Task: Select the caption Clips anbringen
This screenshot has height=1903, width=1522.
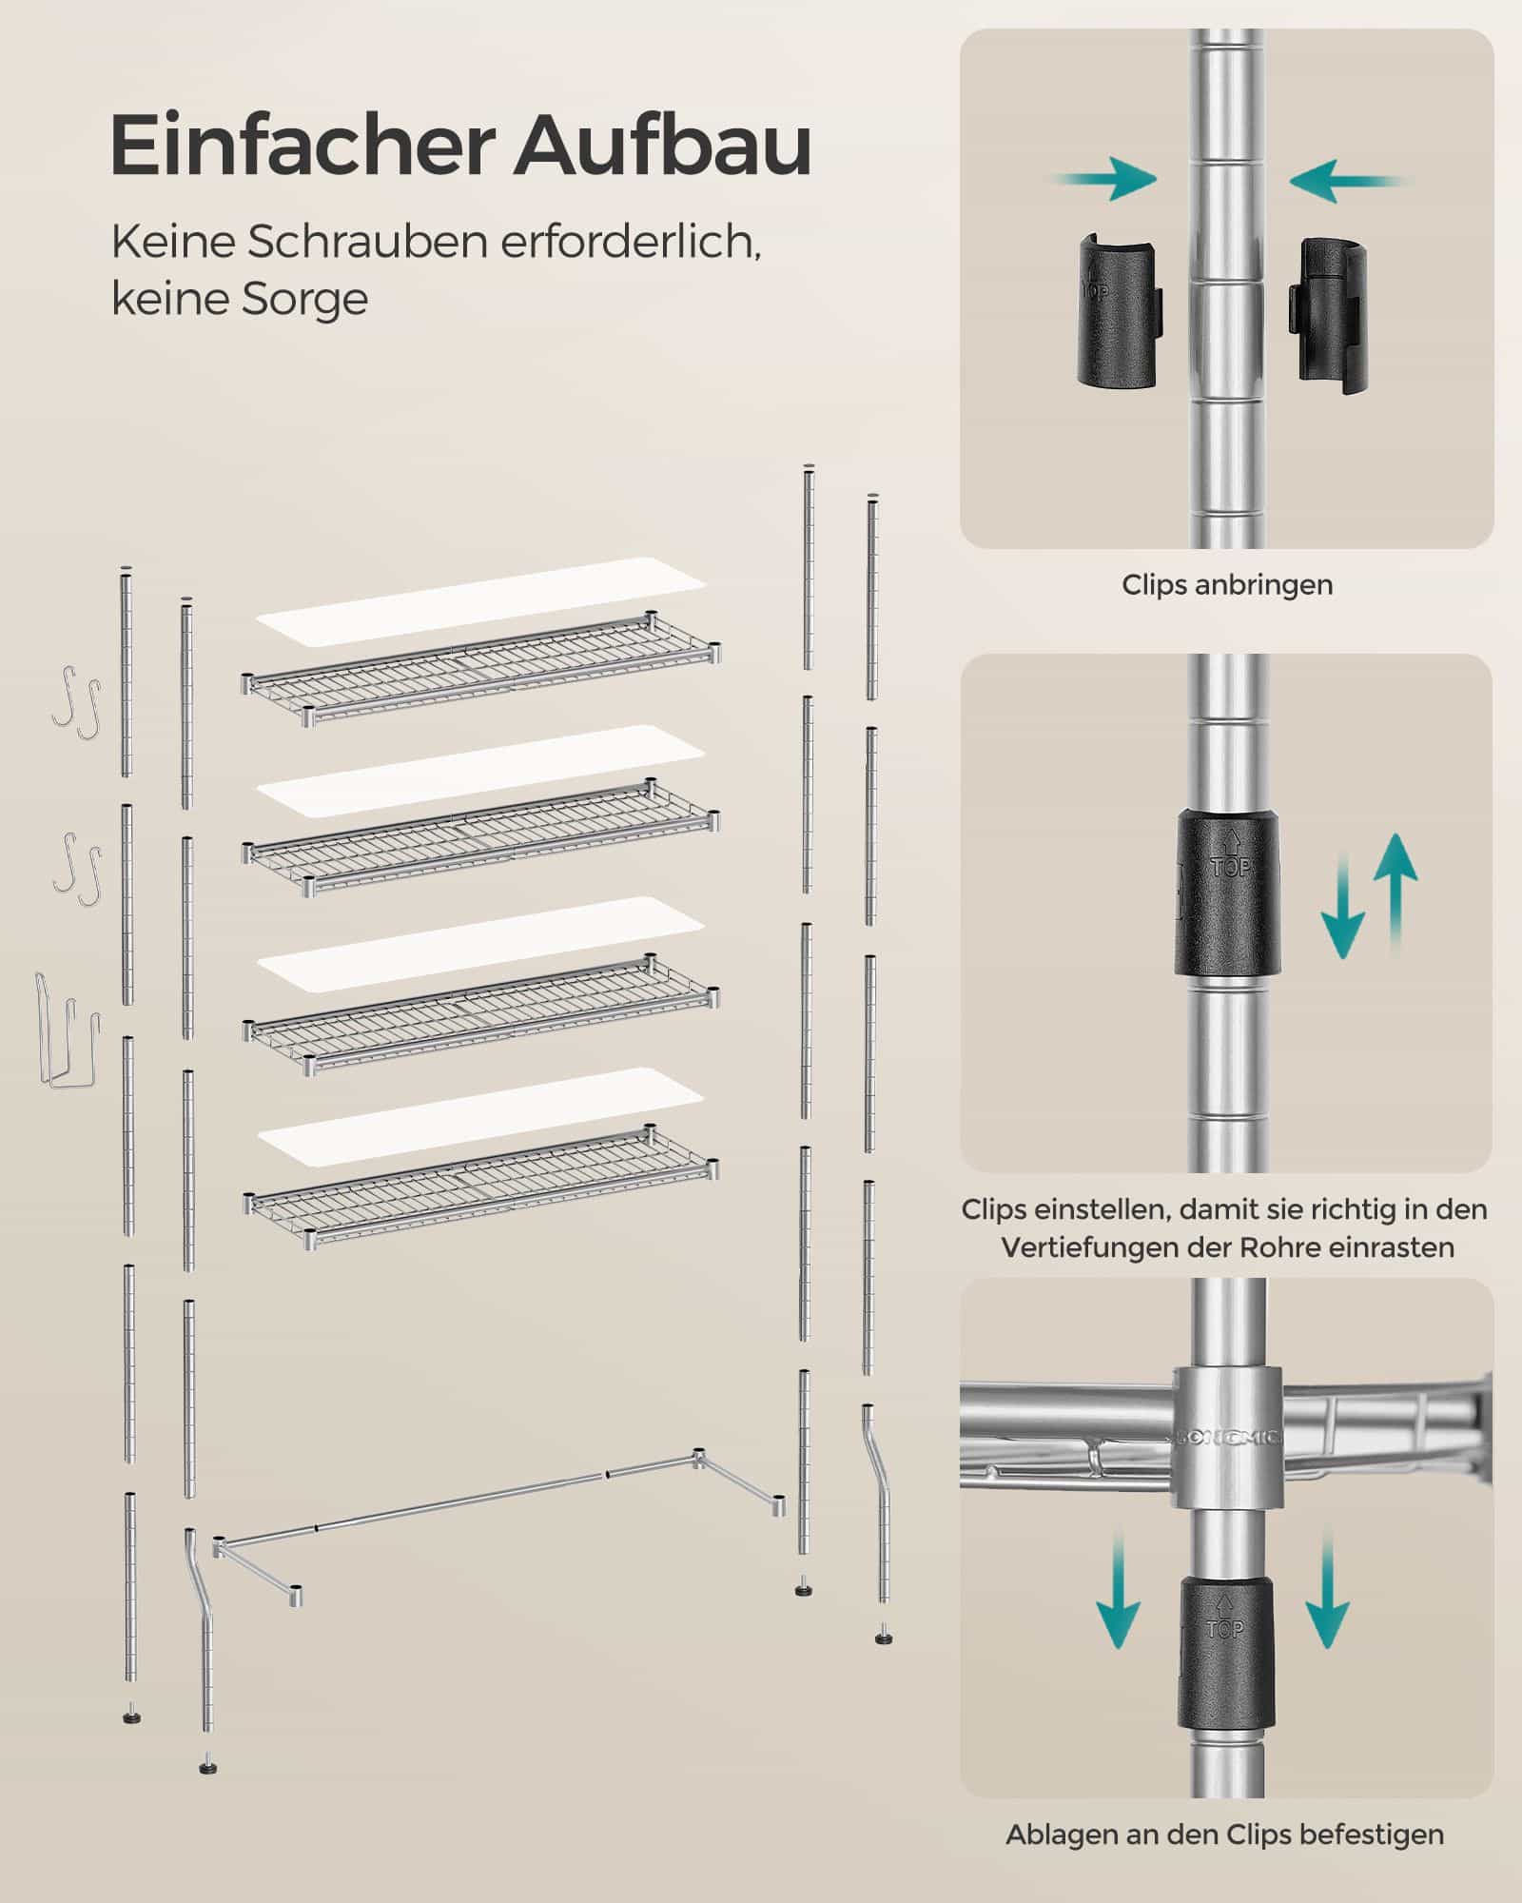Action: coord(1227,584)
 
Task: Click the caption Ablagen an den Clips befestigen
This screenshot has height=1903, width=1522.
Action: coord(1225,1834)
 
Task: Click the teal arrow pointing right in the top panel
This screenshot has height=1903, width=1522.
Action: coord(1104,181)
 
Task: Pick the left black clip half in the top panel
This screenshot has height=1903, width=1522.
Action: coord(1119,311)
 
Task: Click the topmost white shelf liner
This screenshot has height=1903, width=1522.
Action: coord(480,598)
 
